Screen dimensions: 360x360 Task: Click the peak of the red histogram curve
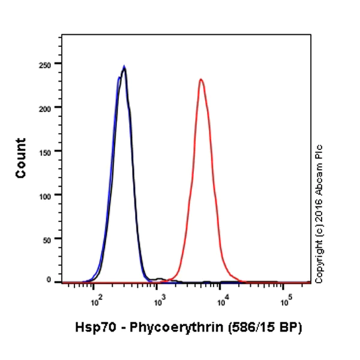[x=201, y=79]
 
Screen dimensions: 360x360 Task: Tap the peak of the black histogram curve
[x=124, y=67]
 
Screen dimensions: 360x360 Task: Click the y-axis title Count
[x=21, y=158]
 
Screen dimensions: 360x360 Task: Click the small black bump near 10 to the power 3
[x=159, y=279]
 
